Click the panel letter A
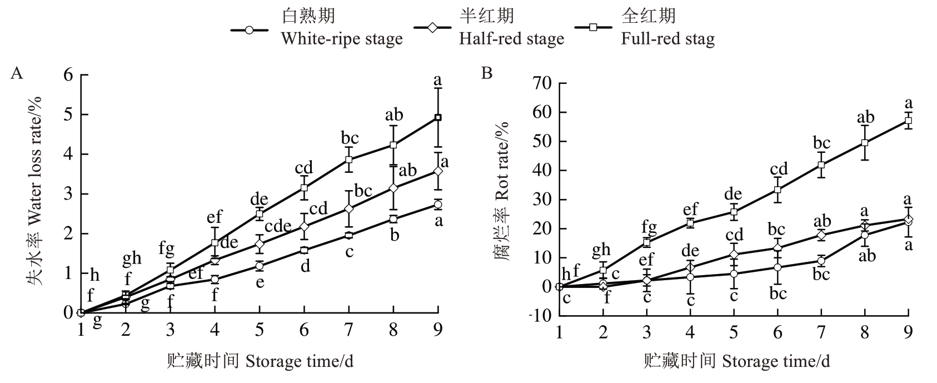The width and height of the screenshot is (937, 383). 17,73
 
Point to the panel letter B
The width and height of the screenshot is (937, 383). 487,73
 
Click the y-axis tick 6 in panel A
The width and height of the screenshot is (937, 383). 68,74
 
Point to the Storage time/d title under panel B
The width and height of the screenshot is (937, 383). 737,361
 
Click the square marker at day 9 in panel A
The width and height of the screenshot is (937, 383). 438,117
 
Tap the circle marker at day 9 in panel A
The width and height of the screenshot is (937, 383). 438,205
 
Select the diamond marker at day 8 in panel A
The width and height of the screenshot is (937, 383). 393,188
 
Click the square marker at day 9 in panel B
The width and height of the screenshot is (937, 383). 908,121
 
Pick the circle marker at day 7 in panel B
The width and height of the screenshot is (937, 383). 821,261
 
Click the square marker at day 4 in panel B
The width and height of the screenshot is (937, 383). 690,223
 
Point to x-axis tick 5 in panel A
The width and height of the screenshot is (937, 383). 260,330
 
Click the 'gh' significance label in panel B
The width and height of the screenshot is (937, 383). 601,249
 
